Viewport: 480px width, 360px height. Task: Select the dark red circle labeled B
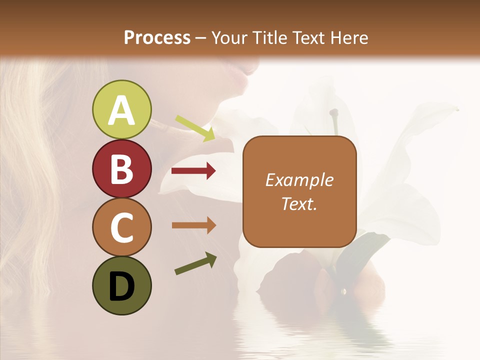pyautogui.click(x=121, y=168)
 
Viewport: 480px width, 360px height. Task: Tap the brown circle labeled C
pyautogui.click(x=121, y=227)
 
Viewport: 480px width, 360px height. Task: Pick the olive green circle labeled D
pyautogui.click(x=121, y=285)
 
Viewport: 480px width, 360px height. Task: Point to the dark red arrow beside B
pyautogui.click(x=193, y=171)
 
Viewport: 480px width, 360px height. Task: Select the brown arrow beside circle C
pyautogui.click(x=193, y=225)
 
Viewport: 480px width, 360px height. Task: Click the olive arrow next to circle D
pyautogui.click(x=195, y=263)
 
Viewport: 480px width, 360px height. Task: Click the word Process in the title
pyautogui.click(x=157, y=37)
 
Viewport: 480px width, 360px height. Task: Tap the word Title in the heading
pyautogui.click(x=268, y=37)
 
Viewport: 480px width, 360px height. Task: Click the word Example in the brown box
pyautogui.click(x=299, y=180)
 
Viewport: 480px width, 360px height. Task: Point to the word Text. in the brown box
pyautogui.click(x=299, y=203)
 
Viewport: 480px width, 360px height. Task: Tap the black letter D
pyautogui.click(x=121, y=286)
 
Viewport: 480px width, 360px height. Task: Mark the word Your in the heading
pyautogui.click(x=230, y=37)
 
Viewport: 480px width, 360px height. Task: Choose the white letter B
pyautogui.click(x=121, y=169)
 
